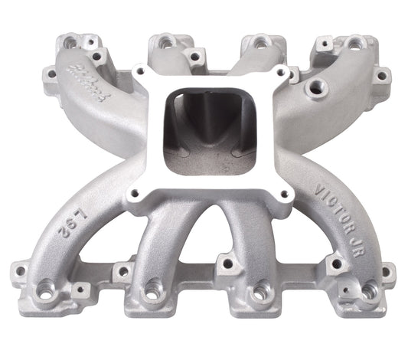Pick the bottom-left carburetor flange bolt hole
coord(137,195)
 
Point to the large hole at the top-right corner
coord(354,42)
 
